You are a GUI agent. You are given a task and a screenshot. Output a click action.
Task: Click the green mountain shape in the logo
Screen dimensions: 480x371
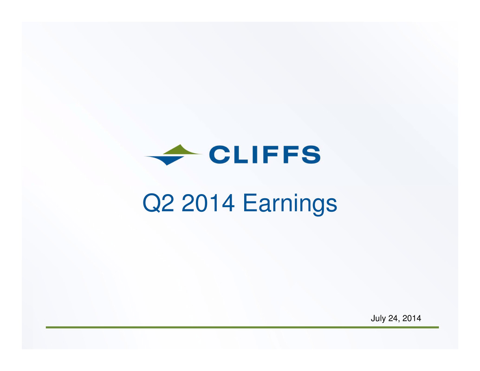click(x=181, y=150)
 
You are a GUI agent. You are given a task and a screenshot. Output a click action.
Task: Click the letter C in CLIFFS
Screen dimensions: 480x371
click(x=220, y=155)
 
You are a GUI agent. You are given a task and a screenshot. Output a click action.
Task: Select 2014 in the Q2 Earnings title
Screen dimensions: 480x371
click(x=208, y=202)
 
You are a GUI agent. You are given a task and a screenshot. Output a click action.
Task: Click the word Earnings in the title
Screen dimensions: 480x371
click(x=290, y=205)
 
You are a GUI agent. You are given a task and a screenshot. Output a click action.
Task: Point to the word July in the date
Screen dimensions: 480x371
click(x=378, y=319)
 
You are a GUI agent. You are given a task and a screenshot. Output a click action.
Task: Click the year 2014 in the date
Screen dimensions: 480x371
click(x=412, y=319)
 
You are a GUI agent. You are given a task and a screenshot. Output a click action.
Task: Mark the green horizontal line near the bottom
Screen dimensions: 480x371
click(x=242, y=327)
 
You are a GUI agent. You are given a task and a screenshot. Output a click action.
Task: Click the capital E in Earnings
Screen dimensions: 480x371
click(x=250, y=202)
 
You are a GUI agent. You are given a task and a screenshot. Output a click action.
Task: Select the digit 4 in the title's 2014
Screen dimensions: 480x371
click(x=228, y=202)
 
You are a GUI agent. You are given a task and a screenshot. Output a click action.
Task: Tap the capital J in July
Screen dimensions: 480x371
click(x=373, y=319)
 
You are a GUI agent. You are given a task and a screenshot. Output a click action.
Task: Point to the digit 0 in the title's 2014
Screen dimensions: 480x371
click(x=202, y=202)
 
